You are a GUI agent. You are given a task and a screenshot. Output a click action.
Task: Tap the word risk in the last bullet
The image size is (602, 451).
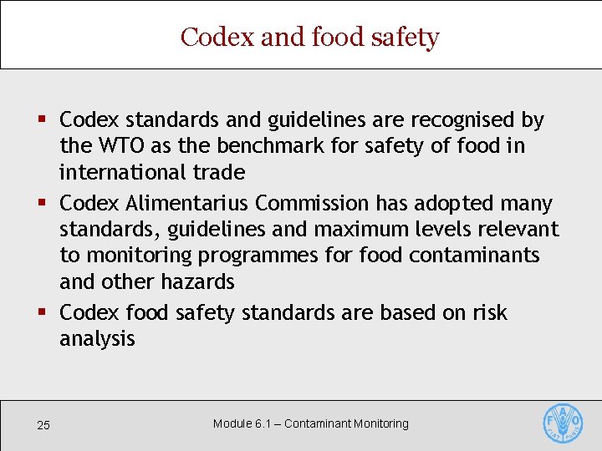490,312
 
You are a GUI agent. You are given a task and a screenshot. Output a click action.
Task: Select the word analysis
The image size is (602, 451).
97,339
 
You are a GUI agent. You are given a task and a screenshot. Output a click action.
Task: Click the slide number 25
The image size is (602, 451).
43,426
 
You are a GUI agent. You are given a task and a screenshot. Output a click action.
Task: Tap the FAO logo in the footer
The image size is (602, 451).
563,423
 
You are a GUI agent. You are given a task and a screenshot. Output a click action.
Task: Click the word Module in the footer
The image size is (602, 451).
232,423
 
